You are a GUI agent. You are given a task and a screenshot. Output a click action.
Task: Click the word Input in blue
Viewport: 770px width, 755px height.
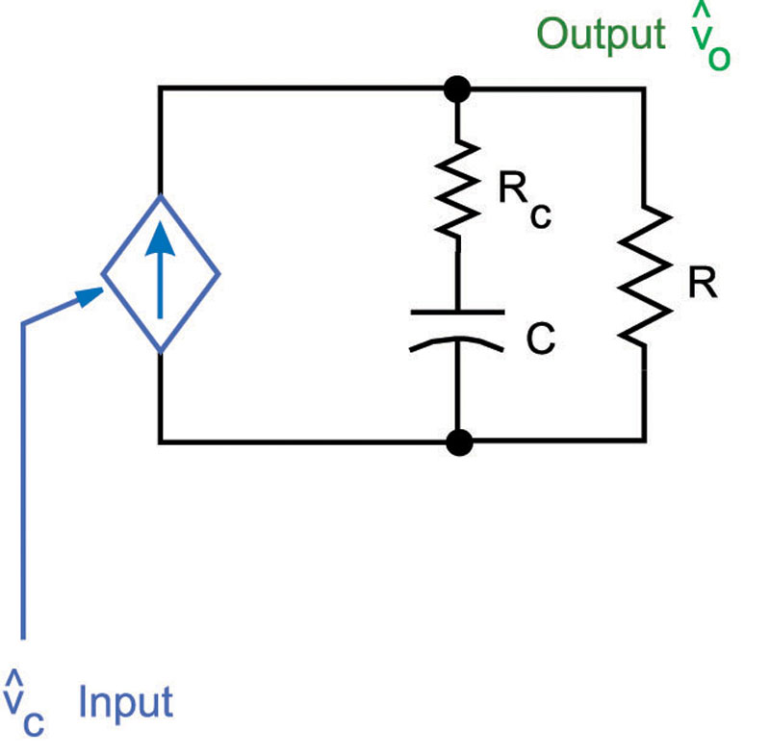coord(125,702)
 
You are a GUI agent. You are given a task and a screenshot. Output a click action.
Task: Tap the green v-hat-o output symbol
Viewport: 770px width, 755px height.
coord(710,43)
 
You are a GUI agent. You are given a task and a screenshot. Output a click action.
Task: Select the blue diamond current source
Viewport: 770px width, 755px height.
coord(161,274)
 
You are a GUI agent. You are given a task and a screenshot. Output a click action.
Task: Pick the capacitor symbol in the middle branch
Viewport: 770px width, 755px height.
coord(457,328)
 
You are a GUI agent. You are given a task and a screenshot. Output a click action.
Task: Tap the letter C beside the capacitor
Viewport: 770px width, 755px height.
coord(541,339)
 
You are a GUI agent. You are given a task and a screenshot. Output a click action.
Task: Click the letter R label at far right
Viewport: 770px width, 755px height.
coord(702,284)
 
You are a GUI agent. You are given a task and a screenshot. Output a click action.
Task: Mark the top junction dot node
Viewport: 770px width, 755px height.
coord(458,89)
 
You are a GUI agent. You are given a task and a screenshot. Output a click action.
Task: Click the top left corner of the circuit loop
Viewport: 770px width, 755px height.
coord(161,89)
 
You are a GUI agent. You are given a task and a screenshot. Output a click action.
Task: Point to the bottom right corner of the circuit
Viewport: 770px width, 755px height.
coord(643,441)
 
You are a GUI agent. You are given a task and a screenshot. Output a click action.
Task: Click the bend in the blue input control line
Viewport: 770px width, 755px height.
coord(23,324)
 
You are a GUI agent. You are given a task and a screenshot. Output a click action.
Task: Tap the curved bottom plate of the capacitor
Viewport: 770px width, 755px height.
coord(457,342)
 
